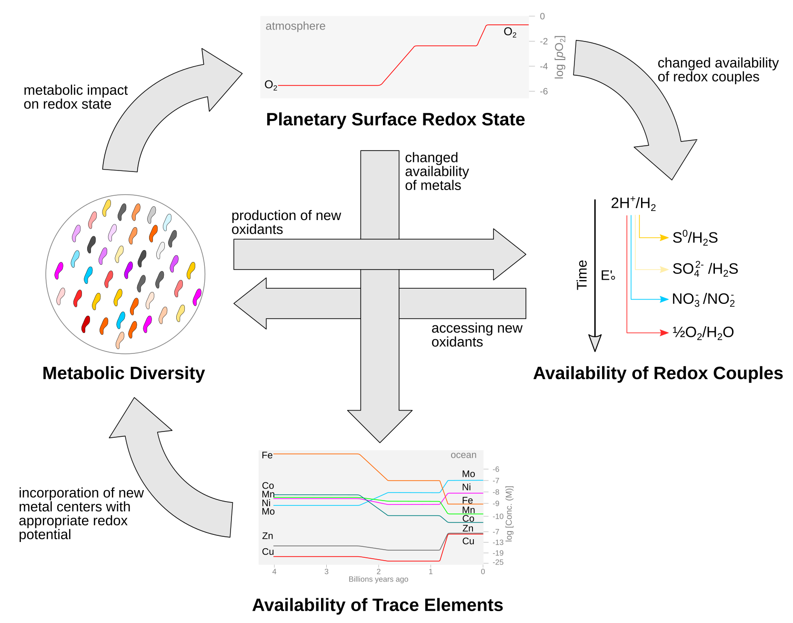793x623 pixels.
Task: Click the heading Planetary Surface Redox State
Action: click(x=395, y=120)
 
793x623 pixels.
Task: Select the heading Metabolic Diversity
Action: click(x=123, y=373)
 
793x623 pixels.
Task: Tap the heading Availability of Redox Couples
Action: click(x=658, y=373)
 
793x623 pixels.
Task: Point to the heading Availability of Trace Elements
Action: click(x=377, y=605)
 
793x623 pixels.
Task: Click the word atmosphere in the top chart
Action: click(x=295, y=26)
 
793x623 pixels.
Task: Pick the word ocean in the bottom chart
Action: click(x=463, y=455)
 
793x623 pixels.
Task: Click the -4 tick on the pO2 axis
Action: click(x=543, y=66)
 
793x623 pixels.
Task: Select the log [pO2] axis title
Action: click(x=560, y=57)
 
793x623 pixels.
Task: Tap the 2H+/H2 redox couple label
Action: click(x=633, y=204)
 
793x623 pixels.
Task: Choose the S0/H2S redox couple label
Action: click(x=695, y=238)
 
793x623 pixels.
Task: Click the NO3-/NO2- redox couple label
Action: click(x=703, y=300)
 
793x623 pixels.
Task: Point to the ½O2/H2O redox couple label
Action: click(x=703, y=332)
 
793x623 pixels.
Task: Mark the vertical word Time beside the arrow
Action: click(x=582, y=275)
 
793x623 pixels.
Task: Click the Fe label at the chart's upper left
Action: click(x=267, y=455)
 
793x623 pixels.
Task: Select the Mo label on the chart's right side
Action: click(x=468, y=474)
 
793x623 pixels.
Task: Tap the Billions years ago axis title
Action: click(x=378, y=579)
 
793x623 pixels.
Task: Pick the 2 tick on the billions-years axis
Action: click(x=379, y=572)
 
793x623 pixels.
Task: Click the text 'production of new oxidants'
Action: click(x=286, y=222)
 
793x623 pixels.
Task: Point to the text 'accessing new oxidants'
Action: click(x=476, y=335)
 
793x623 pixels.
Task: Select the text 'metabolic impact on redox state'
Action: click(x=75, y=97)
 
